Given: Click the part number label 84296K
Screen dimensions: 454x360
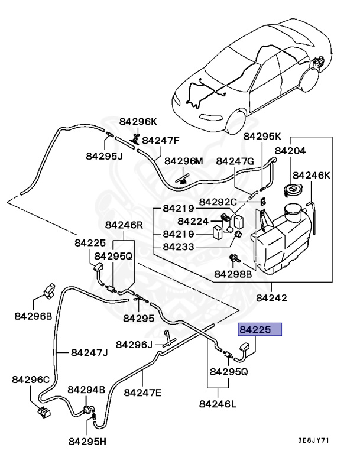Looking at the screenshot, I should [138, 121].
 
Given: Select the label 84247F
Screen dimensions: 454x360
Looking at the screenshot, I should [161, 141].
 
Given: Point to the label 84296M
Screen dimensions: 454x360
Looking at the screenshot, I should [183, 161].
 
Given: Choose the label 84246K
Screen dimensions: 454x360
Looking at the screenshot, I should [312, 175].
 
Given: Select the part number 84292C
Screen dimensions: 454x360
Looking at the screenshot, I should [218, 202].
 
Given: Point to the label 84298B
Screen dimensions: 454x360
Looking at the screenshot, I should [233, 274].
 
